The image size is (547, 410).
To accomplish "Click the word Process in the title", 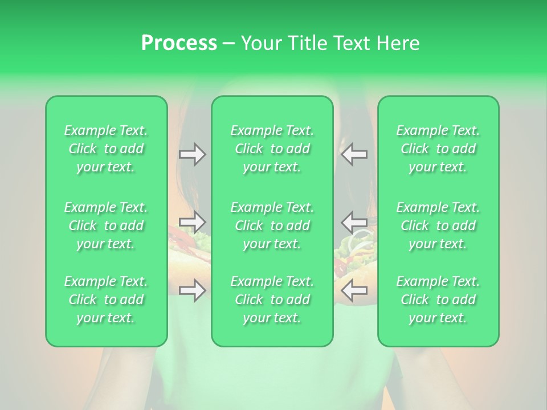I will pos(179,43).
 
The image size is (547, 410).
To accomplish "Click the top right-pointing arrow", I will pos(192,154).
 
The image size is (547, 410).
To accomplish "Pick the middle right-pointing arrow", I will pos(192,222).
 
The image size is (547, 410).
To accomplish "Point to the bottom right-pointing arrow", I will pos(192,290).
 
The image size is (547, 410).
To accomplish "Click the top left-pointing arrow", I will pos(354,154).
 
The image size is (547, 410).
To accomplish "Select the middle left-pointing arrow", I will pos(354,222).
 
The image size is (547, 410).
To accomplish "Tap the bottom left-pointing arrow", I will pos(354,290).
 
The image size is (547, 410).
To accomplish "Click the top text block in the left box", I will pos(106,149).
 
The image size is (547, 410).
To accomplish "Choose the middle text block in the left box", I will pos(106,225).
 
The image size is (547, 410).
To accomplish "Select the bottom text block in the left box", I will pos(106,300).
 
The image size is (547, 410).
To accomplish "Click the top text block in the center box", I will pos(272,149).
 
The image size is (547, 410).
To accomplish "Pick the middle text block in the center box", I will pos(272,225).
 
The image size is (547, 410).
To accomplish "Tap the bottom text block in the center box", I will pos(272,300).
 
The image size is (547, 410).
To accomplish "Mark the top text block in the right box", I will pos(438,149).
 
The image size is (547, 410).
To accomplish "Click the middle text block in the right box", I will pos(438,225).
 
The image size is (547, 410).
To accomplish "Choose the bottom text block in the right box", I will pos(438,300).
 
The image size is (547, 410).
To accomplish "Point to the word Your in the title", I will pos(259,43).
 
